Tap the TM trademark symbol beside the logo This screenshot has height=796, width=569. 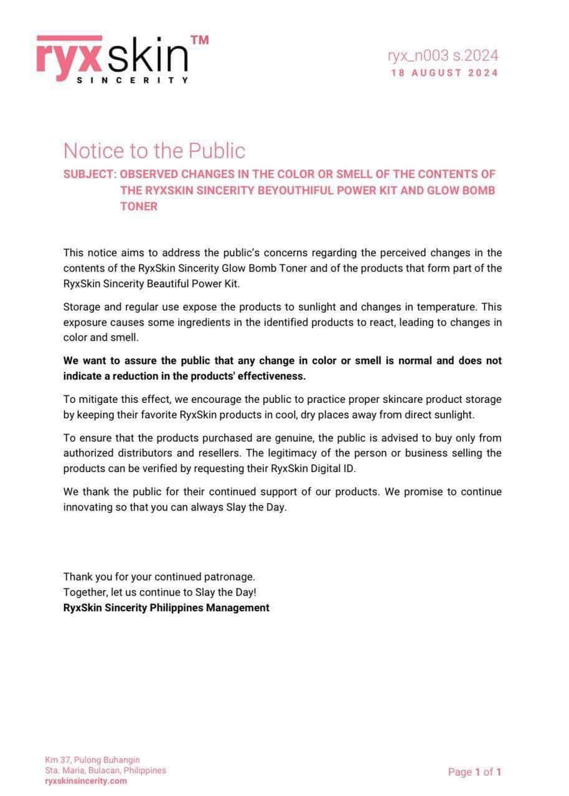[x=199, y=40]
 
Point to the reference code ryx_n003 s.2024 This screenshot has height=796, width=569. [x=443, y=56]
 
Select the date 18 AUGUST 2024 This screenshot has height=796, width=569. [x=444, y=73]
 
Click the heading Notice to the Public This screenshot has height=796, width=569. [x=154, y=150]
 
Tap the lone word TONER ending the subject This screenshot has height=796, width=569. [x=139, y=206]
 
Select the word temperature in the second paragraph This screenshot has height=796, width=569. [x=436, y=307]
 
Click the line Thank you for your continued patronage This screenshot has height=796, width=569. [x=159, y=577]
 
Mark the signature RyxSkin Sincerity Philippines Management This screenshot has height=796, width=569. [x=166, y=608]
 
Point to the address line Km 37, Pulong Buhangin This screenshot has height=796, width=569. [x=92, y=760]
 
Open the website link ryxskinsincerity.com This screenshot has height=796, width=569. [x=86, y=781]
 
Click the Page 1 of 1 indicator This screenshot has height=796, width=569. [x=474, y=772]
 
